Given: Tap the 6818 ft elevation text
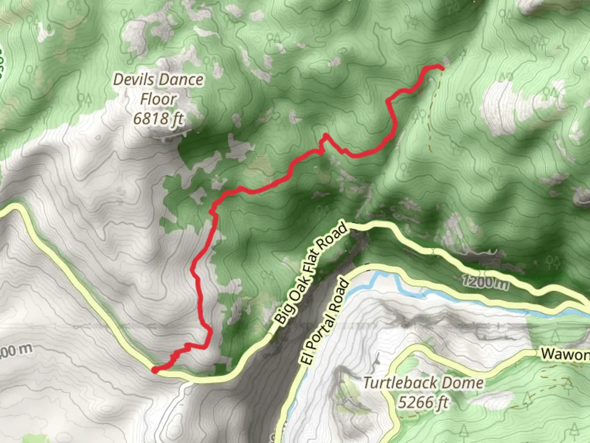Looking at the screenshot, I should click(158, 119).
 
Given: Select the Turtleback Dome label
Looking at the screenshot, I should click(423, 383).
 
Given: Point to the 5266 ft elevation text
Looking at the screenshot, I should click(423, 402).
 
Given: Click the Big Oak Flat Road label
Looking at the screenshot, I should click(311, 273).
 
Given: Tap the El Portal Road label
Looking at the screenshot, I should click(326, 322).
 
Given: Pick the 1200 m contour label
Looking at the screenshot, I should click(486, 283).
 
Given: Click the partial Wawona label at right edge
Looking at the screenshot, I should click(565, 354).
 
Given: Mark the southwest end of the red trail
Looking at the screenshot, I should click(155, 370).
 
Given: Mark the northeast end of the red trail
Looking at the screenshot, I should click(442, 68).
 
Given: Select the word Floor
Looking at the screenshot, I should click(158, 99).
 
